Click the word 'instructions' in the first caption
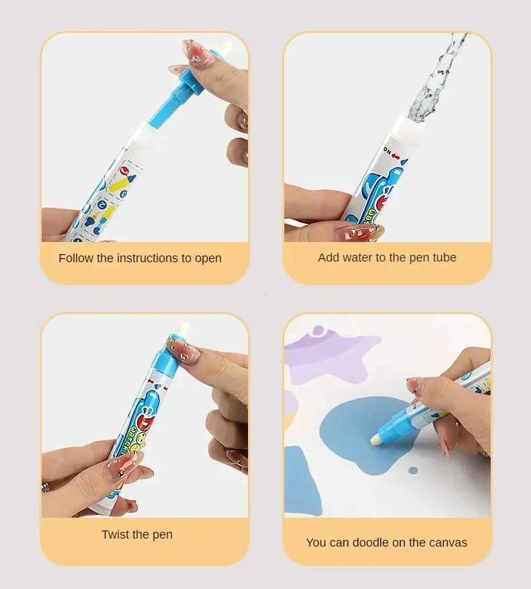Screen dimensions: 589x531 149,258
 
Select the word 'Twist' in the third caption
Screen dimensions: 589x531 116,535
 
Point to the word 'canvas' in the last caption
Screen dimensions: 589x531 448,543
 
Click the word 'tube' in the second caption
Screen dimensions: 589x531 444,258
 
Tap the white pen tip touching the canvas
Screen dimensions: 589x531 376,439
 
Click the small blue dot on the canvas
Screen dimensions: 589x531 413,469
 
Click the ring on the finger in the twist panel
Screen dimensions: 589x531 46,486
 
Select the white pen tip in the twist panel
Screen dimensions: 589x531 181,329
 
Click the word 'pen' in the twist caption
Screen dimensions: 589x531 162,535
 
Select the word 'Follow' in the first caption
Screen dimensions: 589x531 75,258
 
